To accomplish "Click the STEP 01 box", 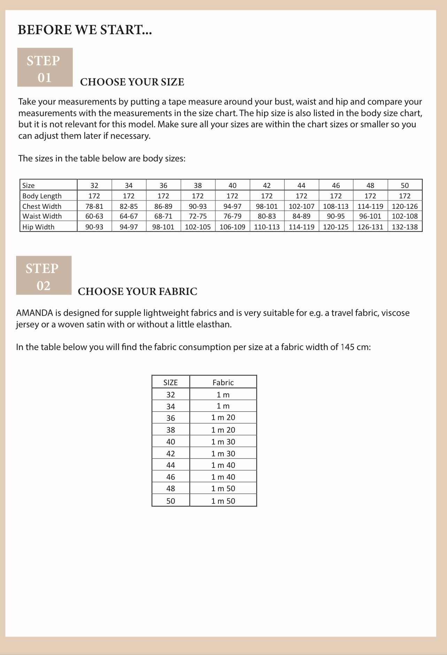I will [x=45, y=67].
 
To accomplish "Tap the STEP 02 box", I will [x=44, y=275].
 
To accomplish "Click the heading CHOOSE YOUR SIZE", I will [x=132, y=82].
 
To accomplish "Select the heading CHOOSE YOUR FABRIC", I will [x=137, y=291].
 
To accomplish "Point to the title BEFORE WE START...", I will [x=85, y=30].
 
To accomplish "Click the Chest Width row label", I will [x=42, y=206].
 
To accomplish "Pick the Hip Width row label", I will [x=38, y=227].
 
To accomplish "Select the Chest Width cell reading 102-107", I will [x=301, y=206].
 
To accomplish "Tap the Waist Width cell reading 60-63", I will [x=94, y=216].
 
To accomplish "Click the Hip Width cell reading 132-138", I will [x=404, y=227].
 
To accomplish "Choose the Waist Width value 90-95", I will [x=336, y=216].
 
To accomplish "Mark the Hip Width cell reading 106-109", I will [x=232, y=227].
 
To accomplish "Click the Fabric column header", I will [x=223, y=382].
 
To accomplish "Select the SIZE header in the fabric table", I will [x=170, y=382].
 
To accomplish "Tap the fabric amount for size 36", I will [x=223, y=418].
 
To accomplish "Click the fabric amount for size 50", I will [x=223, y=501].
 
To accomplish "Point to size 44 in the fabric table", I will [x=170, y=465].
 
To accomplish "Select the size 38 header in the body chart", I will [x=198, y=185].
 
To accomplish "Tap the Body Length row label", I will [x=42, y=196].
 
